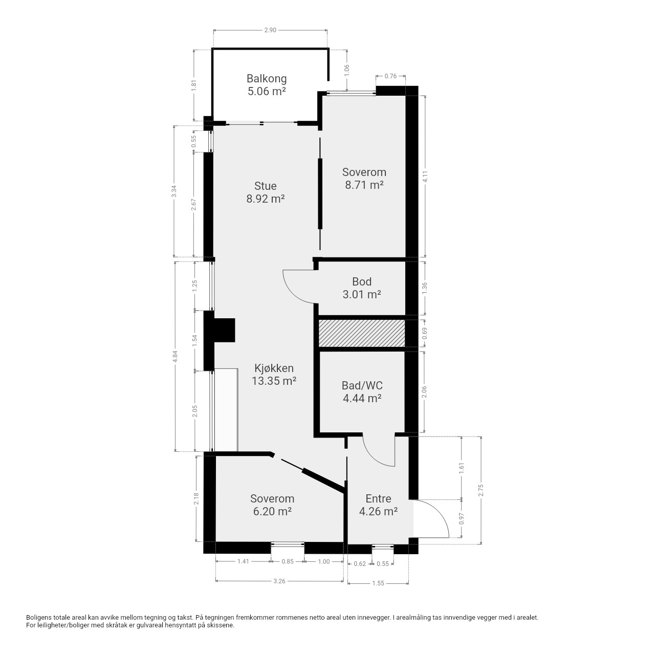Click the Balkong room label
(267, 85)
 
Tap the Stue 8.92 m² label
(265, 192)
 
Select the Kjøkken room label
(274, 374)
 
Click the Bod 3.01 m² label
(362, 288)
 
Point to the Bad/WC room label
(362, 391)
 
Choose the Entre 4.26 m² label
(378, 505)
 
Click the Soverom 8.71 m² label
(364, 179)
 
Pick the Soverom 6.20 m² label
(272, 505)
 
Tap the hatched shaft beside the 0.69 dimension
(362, 333)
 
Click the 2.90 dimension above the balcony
(270, 30)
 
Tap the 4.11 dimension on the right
(425, 176)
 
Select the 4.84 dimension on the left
(175, 356)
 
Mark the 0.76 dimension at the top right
(390, 76)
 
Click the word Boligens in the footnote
(39, 618)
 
